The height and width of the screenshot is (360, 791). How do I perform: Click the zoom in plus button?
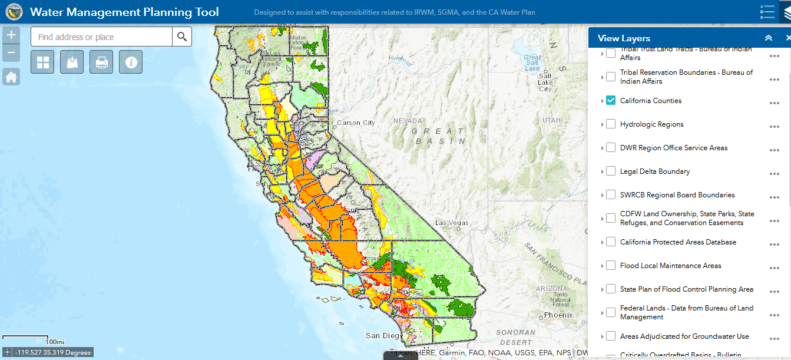coord(11,34)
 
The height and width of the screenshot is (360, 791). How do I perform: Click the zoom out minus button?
coord(11,54)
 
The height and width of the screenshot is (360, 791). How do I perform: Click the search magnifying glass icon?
coord(182,37)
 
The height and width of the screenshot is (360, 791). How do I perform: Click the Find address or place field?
coord(101,37)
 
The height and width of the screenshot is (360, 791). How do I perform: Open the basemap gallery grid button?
coord(42,62)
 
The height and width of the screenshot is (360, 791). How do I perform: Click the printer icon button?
coord(101,62)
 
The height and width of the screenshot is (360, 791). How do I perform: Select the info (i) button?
coord(131,62)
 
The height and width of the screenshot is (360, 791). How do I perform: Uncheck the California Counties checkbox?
coord(611,101)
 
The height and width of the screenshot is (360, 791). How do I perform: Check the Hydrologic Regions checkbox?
coord(611,124)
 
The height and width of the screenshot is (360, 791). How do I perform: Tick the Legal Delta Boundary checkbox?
coord(611,171)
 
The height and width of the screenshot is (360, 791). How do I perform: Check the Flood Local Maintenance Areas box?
coord(611,266)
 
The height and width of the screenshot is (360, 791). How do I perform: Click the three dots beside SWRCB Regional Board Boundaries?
coord(774,197)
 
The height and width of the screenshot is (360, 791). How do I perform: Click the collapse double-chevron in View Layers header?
coord(768,38)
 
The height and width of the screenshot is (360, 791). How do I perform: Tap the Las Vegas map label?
coord(452,223)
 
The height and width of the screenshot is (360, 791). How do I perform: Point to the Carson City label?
coord(355,123)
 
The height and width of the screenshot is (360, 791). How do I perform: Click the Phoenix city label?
coord(558,315)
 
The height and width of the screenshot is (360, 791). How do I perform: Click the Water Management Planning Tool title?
coord(124,12)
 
